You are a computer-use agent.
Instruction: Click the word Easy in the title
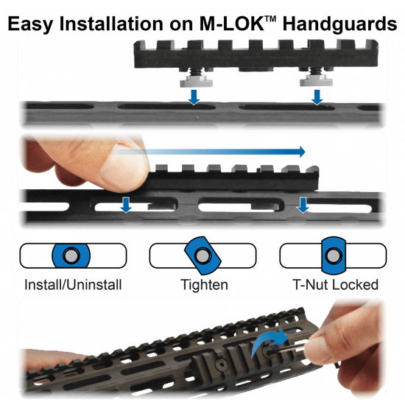(30, 24)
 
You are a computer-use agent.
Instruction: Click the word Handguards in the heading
(339, 24)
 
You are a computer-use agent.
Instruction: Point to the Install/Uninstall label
(73, 285)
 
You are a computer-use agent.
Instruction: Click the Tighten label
(204, 285)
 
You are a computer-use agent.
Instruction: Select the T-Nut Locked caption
(336, 285)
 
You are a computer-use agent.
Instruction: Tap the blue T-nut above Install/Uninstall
(71, 256)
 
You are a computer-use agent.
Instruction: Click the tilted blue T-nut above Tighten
(202, 256)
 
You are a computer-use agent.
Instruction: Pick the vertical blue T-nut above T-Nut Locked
(334, 256)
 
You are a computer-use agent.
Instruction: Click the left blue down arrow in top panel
(194, 97)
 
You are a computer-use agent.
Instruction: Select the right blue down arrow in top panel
(317, 97)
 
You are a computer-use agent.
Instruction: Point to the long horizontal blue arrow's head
(302, 152)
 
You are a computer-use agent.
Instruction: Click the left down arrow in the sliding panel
(127, 205)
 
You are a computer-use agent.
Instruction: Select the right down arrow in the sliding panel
(303, 205)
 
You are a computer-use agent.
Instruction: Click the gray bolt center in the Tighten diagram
(202, 256)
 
